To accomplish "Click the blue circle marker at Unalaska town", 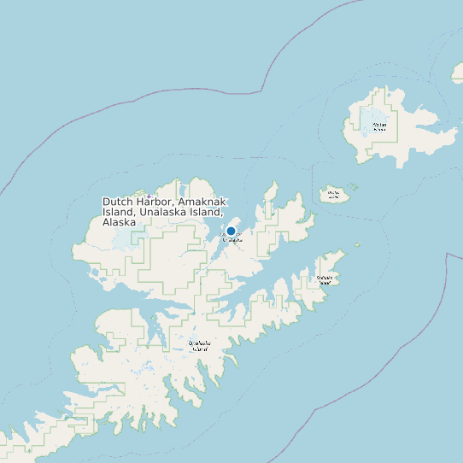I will pyautogui.click(x=231, y=231).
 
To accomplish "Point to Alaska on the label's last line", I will pyautogui.click(x=120, y=222).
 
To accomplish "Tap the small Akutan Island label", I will pyautogui.click(x=380, y=126).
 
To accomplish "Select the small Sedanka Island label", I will pyautogui.click(x=325, y=279).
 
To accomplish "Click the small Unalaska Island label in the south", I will pyautogui.click(x=198, y=346).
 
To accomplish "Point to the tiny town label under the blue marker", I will pyautogui.click(x=231, y=240).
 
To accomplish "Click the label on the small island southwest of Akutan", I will pyautogui.click(x=333, y=194).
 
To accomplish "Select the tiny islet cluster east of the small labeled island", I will pyautogui.click(x=353, y=187).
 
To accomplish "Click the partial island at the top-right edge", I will pyautogui.click(x=457, y=73).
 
